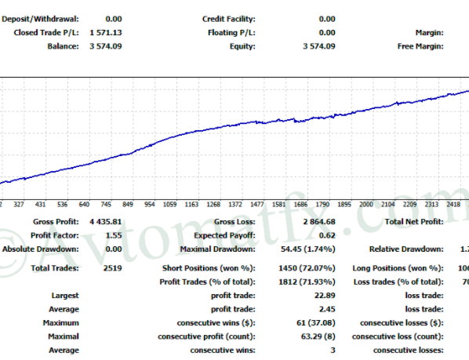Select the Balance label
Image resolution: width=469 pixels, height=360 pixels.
click(x=63, y=46)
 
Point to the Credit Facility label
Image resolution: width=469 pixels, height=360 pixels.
click(x=229, y=18)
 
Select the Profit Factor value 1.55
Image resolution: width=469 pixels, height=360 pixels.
click(x=114, y=235)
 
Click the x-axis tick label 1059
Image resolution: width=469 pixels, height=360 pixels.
click(x=169, y=204)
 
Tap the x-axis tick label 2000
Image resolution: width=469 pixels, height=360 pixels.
click(x=365, y=204)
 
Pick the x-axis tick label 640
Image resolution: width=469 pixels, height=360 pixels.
click(x=83, y=204)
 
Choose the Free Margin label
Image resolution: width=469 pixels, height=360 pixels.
click(x=420, y=46)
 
